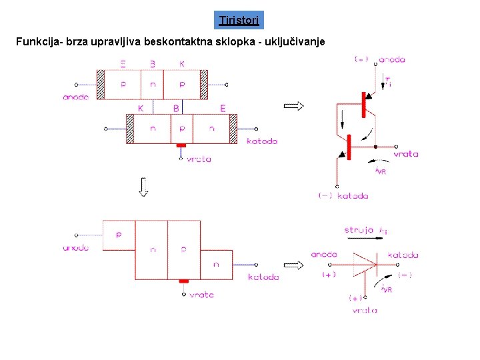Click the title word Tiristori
click(241, 20)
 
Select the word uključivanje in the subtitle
click(293, 42)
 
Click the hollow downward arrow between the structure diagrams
click(143, 187)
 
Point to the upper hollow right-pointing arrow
click(294, 106)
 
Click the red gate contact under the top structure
click(181, 145)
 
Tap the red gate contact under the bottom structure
click(184, 281)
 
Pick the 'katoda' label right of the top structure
click(261, 141)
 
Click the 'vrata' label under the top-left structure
click(199, 159)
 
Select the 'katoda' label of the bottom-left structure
click(263, 277)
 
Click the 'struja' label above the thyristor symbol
click(359, 230)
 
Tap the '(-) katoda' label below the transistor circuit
click(343, 196)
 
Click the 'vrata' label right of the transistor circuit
click(405, 154)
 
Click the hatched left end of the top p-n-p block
click(101, 85)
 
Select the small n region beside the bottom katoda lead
click(216, 264)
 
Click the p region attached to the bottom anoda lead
click(119, 235)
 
